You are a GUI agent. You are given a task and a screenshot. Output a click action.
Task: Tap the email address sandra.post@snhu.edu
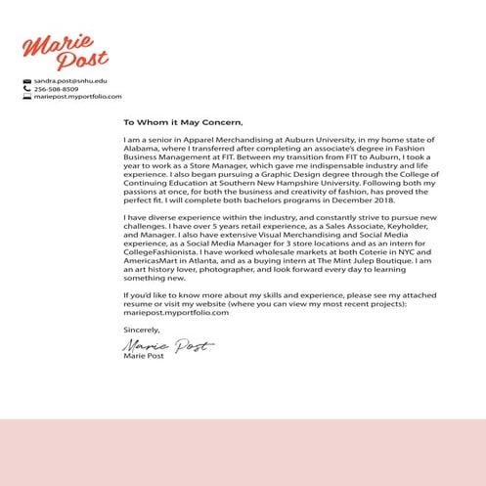pyautogui.click(x=70, y=80)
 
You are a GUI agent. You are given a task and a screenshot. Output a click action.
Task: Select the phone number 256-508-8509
pyautogui.click(x=57, y=89)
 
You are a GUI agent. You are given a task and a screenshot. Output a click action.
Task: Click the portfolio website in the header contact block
pyautogui.click(x=77, y=97)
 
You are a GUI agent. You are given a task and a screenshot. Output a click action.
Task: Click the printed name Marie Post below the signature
pyautogui.click(x=144, y=357)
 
